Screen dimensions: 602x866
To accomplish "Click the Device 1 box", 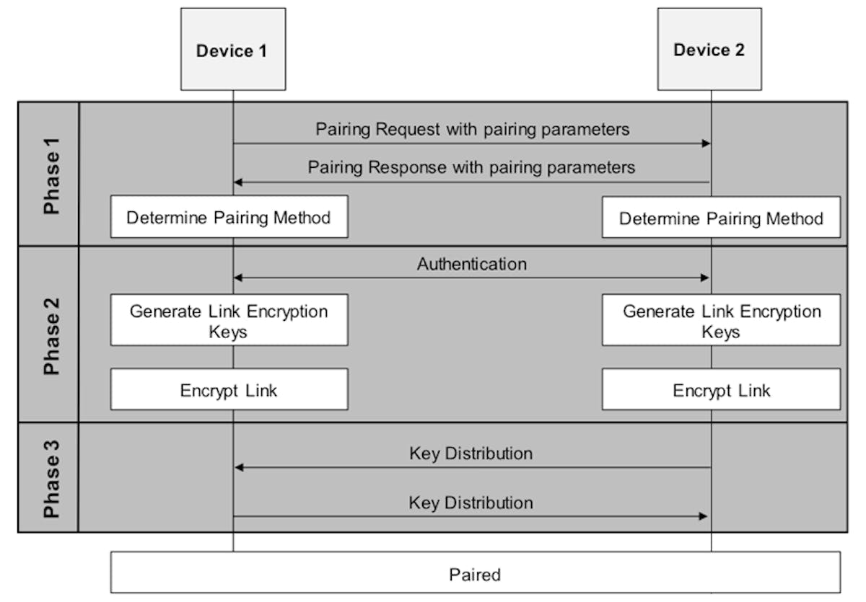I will tap(232, 50).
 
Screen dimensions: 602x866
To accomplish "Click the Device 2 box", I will tap(709, 50).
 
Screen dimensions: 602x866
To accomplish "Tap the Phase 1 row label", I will tap(51, 174).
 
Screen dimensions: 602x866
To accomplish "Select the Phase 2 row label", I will tap(51, 333).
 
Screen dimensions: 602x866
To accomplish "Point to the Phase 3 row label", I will tap(51, 477).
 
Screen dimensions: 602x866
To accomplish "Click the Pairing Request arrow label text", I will tap(472, 129).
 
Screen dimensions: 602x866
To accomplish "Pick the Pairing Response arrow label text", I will tap(471, 167).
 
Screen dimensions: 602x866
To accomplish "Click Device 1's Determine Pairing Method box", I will tap(229, 217).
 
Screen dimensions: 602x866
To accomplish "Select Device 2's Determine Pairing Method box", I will tap(721, 218).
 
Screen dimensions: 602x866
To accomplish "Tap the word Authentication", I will tap(472, 264).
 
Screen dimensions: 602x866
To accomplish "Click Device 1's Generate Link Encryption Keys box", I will tap(229, 321).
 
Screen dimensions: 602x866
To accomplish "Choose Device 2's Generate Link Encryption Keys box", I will tap(721, 321).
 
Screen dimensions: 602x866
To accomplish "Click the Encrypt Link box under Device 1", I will tap(229, 390).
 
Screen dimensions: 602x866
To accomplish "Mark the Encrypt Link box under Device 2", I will tap(721, 390).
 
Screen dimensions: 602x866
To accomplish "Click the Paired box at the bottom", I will tap(475, 575).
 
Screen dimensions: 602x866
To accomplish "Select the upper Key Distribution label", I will tap(471, 453).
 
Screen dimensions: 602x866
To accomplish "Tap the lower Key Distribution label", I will tap(471, 503).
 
